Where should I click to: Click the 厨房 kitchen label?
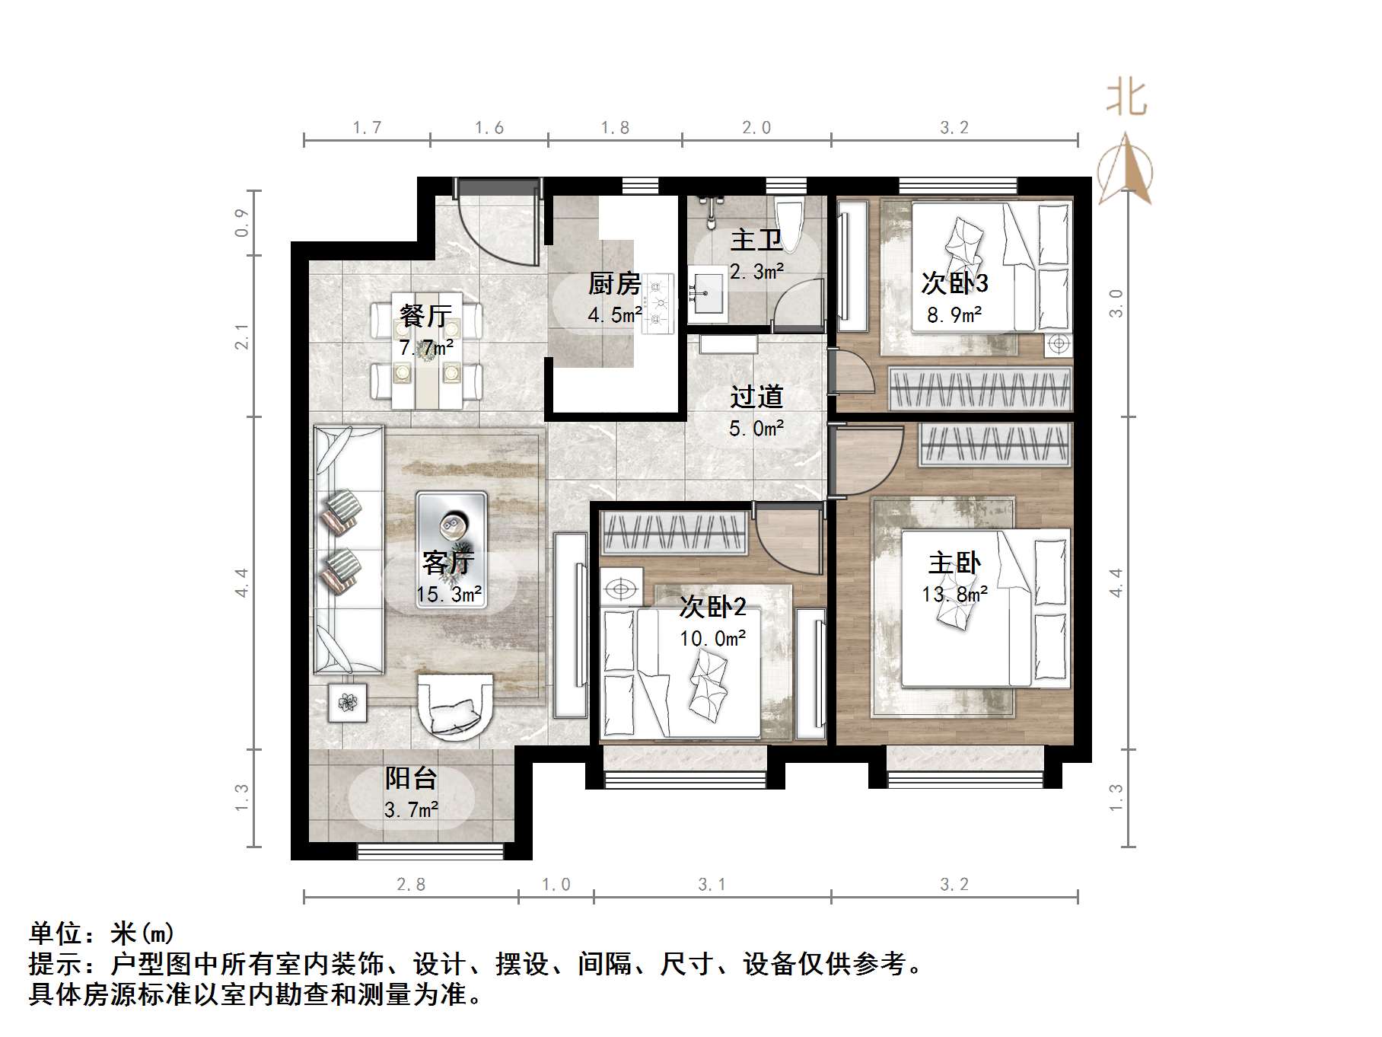[614, 284]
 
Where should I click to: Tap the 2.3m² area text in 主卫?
[756, 271]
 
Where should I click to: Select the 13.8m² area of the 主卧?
[954, 594]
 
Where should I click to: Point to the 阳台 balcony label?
[411, 778]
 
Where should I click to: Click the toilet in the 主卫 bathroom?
[788, 224]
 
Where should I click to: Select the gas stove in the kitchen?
[659, 304]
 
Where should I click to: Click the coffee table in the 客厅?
[451, 526]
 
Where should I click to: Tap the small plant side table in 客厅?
[348, 702]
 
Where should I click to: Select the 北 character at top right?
[1126, 100]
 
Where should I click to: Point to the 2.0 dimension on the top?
[756, 128]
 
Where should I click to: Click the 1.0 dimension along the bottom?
[556, 885]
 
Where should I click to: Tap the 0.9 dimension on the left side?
[242, 222]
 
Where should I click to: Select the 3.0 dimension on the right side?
[1116, 304]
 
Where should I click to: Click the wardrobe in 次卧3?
[980, 388]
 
